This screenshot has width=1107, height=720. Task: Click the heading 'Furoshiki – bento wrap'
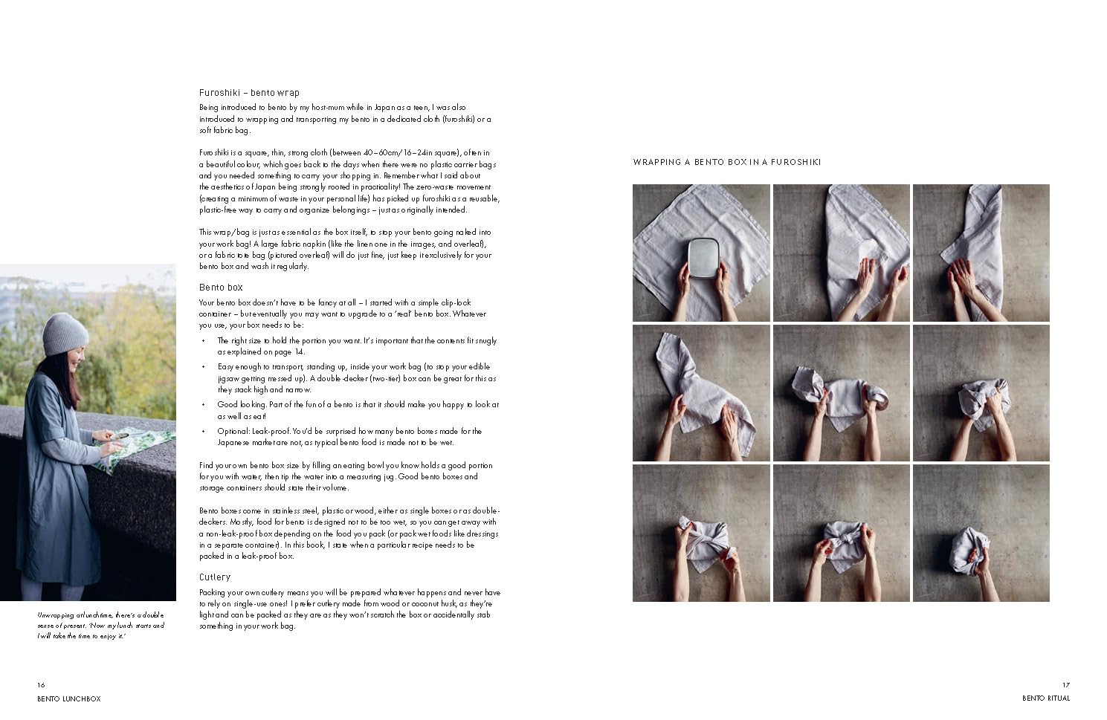pos(249,93)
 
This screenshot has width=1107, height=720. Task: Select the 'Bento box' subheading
pos(221,288)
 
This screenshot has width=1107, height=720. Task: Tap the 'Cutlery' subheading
pos(215,577)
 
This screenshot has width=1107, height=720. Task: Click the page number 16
pos(41,685)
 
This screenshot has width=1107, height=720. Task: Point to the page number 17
pos(1065,685)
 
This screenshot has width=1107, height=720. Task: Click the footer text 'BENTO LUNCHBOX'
pos(68,698)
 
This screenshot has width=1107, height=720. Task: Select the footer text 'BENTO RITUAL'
pos(1046,698)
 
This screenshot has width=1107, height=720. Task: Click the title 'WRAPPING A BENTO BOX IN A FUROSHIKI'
pos(726,162)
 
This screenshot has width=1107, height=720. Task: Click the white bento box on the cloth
pos(702,257)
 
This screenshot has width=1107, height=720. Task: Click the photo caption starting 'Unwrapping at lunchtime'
pos(100,626)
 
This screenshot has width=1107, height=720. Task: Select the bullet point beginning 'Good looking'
pos(358,410)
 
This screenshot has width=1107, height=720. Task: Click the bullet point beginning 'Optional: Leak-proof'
pos(349,437)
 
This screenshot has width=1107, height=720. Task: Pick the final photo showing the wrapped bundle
pos(981,533)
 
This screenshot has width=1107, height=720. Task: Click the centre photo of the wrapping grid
pos(841,393)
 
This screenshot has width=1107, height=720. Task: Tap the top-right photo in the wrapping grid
pos(981,253)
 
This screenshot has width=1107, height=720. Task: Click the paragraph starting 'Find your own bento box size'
pos(346,476)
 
